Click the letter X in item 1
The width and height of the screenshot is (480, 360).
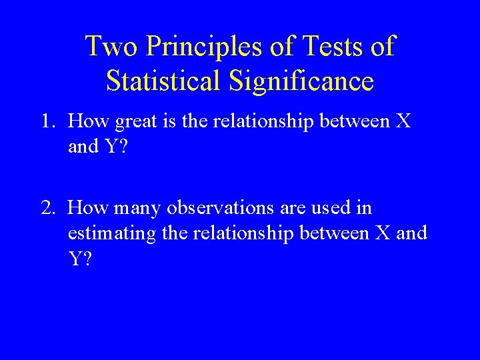(x=403, y=121)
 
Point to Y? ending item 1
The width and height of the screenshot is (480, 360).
(x=115, y=147)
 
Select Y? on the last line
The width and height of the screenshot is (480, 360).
(x=79, y=259)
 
